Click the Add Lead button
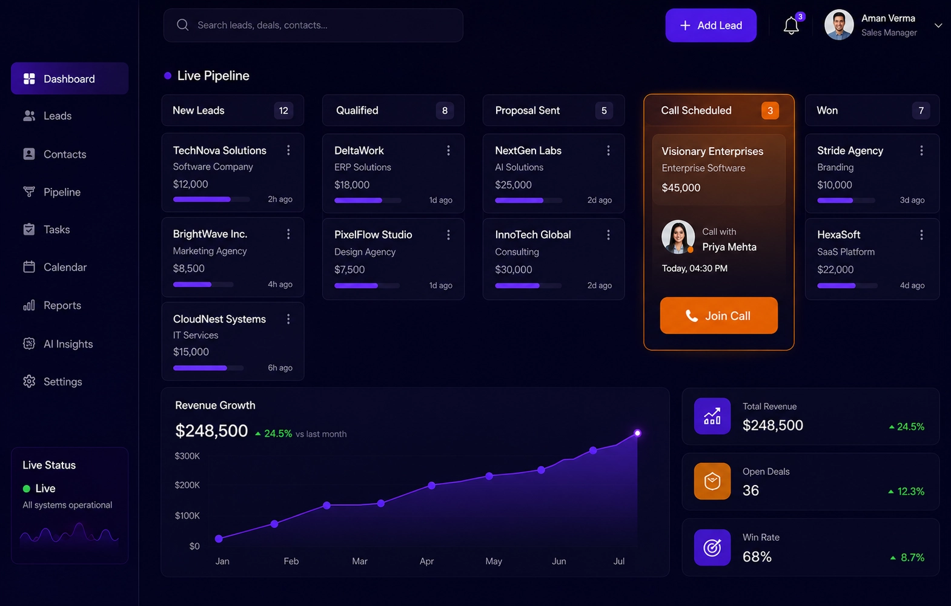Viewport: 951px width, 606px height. tap(711, 25)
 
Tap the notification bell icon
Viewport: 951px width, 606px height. tap(791, 25)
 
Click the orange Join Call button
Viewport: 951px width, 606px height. tap(719, 315)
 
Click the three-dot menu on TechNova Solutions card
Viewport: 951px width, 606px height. tap(288, 150)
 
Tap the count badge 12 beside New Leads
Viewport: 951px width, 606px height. tap(283, 111)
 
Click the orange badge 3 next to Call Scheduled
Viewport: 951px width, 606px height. tap(770, 111)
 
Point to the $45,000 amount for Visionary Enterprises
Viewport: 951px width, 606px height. tap(681, 188)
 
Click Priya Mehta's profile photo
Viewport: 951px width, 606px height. tap(678, 237)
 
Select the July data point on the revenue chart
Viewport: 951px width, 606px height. tap(637, 433)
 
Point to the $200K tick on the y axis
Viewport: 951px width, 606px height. tap(187, 485)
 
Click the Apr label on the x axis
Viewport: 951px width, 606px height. tap(426, 561)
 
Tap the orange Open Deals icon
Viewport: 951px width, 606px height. tap(712, 481)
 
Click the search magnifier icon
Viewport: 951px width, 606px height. tap(182, 25)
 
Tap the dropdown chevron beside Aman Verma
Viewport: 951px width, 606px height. tap(938, 25)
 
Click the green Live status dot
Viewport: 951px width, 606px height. tap(26, 489)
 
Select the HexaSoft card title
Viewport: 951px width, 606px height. tap(838, 235)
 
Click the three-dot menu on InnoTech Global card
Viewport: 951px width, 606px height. tap(608, 235)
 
